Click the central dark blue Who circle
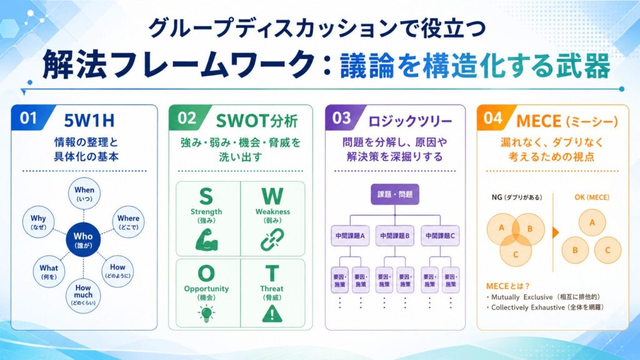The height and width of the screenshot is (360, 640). click(83, 240)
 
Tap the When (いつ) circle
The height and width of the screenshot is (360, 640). click(84, 194)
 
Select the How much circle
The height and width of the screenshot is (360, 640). click(83, 296)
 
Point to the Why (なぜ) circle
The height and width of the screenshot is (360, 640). click(38, 222)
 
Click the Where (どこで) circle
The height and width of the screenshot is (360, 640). click(128, 222)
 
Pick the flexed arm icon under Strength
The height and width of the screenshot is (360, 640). click(206, 239)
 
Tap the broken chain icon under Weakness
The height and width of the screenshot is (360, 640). click(272, 239)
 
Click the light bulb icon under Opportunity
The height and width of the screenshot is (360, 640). click(206, 314)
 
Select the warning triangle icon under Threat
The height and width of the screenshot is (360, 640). click(272, 314)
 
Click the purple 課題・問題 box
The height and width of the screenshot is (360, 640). click(395, 194)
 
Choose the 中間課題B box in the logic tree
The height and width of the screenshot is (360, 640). click(395, 236)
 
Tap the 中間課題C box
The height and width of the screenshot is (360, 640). click(440, 236)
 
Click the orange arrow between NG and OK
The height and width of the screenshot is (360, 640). click(556, 232)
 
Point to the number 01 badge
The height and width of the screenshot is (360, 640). click(30, 118)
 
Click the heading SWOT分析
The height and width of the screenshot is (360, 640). click(257, 121)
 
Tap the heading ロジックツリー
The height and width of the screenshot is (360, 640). click(410, 121)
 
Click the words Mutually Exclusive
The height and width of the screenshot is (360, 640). click(522, 297)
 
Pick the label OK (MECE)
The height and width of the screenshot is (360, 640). click(592, 197)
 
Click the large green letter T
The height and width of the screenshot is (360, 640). click(272, 274)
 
